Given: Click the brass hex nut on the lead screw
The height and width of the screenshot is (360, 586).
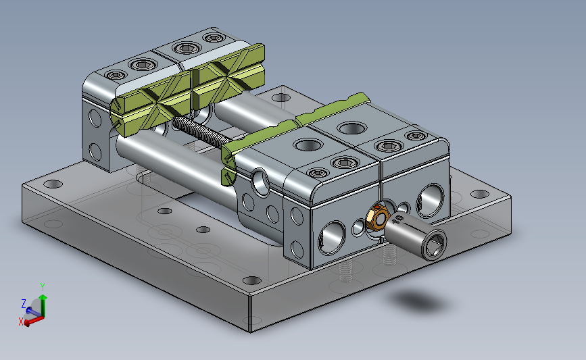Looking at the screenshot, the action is click(x=376, y=217).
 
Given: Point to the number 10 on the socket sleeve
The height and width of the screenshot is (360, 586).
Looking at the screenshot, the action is click(x=397, y=219).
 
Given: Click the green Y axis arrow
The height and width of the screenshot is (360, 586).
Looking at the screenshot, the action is click(x=43, y=305).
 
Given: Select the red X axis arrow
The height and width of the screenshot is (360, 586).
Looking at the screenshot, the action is click(x=34, y=320).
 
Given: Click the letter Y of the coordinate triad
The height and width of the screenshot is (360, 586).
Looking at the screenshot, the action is click(x=43, y=287).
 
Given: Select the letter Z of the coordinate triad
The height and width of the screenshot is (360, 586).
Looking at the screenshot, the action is click(x=24, y=303).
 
